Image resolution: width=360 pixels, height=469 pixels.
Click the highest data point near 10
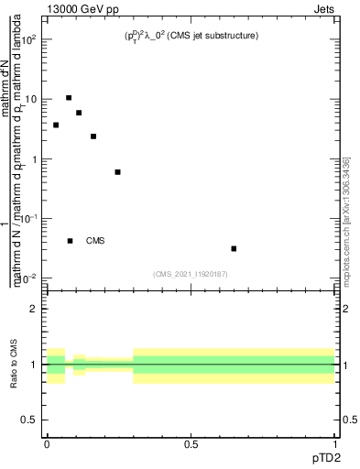click(69, 97)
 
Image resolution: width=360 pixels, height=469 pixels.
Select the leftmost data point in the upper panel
click(56, 125)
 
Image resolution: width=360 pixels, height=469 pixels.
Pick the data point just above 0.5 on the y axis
click(117, 171)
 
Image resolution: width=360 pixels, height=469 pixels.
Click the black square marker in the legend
click(71, 241)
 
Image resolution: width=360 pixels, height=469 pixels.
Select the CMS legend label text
click(95, 241)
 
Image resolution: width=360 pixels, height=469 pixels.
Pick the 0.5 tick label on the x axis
click(191, 442)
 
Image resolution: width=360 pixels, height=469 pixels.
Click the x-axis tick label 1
click(335, 442)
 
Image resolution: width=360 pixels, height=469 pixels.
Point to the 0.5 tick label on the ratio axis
click(30, 419)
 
